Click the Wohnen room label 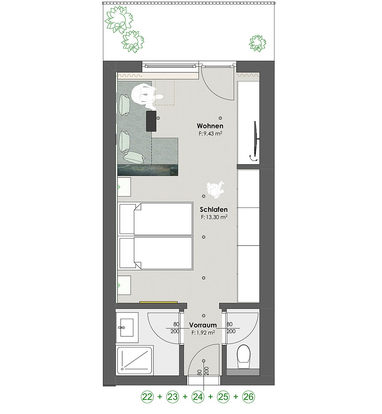210,126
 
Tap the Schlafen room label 214,209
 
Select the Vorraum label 203,325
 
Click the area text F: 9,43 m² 210,133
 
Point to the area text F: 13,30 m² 214,217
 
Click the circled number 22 147,397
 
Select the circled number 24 198,397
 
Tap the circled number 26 249,397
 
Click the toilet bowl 243,358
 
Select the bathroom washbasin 127,328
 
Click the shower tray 134,361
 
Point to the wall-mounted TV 256,139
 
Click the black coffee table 152,121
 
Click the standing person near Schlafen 216,188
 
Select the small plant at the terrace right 257,43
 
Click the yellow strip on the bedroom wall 158,302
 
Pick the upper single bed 156,219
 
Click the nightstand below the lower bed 125,285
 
